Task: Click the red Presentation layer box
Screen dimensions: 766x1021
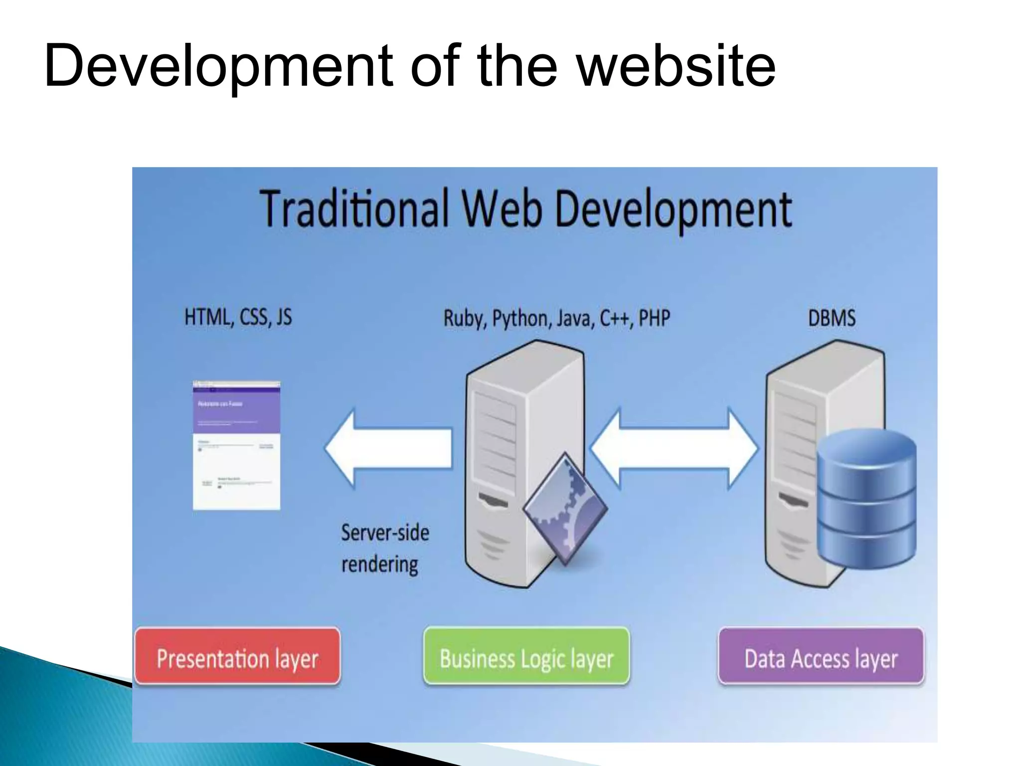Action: pos(237,656)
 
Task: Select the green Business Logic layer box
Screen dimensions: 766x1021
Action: pos(526,656)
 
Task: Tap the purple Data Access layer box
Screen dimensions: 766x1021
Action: pos(821,656)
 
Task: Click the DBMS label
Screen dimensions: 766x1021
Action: pos(832,318)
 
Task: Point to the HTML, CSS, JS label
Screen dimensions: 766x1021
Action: pos(238,317)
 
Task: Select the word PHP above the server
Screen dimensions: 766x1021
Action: pos(654,318)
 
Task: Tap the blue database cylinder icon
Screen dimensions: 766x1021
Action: pos(866,499)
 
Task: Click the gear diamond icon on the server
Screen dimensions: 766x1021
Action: pos(565,509)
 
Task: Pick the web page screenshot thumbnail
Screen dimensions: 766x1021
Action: pos(236,445)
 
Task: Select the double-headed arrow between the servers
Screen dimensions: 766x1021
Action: pos(674,449)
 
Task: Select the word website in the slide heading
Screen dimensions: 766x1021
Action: pos(676,66)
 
